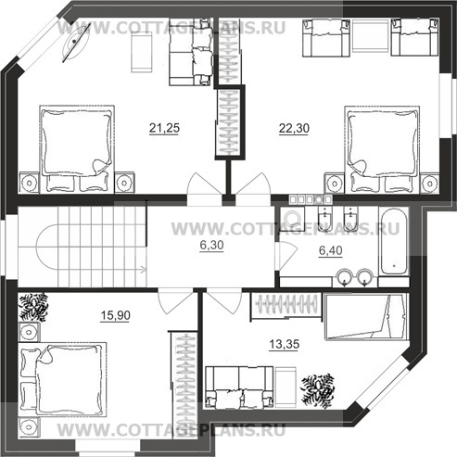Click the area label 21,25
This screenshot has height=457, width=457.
click(164, 128)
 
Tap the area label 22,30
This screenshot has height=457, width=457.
click(294, 128)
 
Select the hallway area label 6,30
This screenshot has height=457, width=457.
click(211, 245)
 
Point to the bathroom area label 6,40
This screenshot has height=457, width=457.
click(331, 250)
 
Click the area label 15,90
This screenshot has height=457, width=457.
click(116, 315)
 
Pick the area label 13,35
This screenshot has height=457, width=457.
click(285, 344)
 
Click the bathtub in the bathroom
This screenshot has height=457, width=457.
click(394, 241)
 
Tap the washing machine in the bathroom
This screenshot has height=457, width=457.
click(292, 219)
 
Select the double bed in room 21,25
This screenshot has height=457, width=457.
click(77, 149)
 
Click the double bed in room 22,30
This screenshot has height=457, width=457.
click(382, 149)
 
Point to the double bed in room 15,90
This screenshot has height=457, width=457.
click(62, 379)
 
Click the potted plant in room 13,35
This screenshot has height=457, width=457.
click(318, 389)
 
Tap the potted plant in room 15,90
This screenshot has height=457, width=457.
click(33, 307)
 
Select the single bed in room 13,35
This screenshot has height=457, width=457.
click(367, 317)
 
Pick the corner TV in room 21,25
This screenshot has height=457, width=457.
click(76, 43)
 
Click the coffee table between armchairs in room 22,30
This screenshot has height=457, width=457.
click(370, 38)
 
